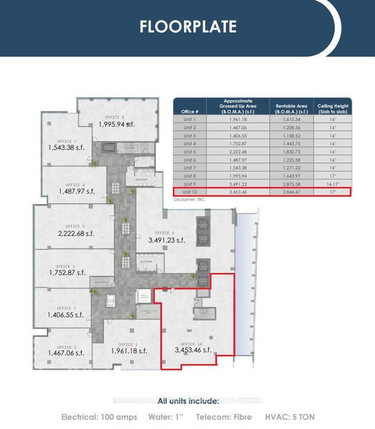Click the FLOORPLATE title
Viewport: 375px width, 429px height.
pos(188,27)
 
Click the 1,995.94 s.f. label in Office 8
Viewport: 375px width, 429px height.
pos(117,124)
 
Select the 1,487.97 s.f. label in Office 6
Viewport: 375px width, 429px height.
pos(77,192)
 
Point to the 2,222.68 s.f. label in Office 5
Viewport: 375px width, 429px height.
pos(76,233)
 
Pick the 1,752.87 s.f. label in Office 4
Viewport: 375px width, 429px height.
pos(67,273)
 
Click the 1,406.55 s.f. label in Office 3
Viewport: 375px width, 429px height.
pos(65,315)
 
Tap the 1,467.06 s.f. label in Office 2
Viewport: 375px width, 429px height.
pos(66,353)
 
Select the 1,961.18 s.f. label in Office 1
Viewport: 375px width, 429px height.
pos(129,351)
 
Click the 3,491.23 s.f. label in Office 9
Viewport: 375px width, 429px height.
pos(167,240)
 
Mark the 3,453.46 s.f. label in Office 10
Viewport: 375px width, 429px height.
pos(193,350)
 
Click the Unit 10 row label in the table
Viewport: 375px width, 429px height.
pos(190,192)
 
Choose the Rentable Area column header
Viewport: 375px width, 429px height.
pos(291,109)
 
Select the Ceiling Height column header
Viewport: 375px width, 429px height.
pos(333,109)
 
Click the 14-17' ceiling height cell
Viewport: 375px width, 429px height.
pos(333,184)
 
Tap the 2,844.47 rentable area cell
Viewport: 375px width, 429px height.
pos(291,192)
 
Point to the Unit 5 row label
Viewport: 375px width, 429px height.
pos(190,152)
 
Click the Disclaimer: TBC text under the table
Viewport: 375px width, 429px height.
pos(189,199)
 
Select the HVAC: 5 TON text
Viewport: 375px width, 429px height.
pos(290,417)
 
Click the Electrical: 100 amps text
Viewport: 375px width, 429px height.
pos(99,417)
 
